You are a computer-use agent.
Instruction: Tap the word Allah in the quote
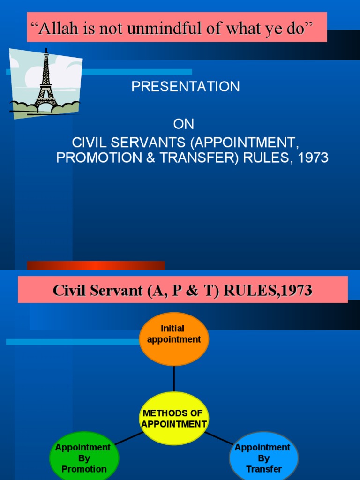click(x=55, y=29)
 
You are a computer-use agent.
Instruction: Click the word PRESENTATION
click(x=186, y=87)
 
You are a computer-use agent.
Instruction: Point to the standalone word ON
click(x=183, y=124)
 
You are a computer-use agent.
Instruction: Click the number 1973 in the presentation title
click(x=313, y=158)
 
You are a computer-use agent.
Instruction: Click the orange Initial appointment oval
click(x=174, y=338)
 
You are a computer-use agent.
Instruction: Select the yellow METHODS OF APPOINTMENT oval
click(x=174, y=418)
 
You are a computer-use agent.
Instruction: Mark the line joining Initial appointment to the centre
click(x=174, y=378)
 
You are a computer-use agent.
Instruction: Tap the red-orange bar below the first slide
click(x=96, y=265)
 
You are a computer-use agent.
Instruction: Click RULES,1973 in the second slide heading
click(x=268, y=291)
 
